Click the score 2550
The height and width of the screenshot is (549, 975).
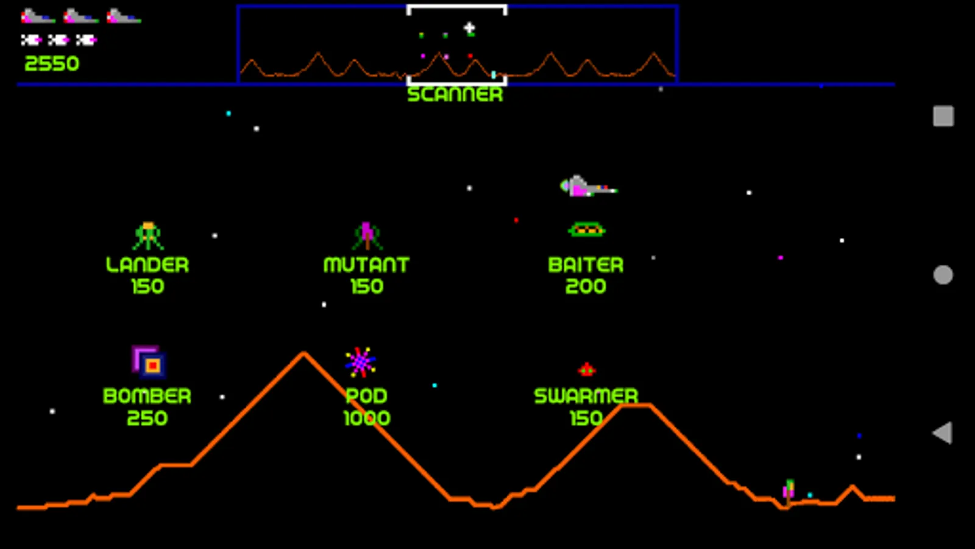(52, 63)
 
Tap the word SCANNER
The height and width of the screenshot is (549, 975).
(455, 95)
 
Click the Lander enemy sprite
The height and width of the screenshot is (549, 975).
(148, 235)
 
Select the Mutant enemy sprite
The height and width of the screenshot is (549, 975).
(367, 235)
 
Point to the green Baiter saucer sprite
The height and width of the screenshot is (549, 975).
(587, 229)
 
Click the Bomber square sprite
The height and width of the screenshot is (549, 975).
(149, 362)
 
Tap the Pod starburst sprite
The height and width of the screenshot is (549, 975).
(360, 362)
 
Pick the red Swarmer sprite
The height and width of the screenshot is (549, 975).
(587, 370)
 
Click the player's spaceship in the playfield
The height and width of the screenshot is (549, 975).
(589, 187)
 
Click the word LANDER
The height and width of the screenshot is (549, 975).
(147, 265)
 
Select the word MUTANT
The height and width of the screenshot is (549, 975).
(366, 265)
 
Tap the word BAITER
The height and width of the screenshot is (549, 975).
(586, 265)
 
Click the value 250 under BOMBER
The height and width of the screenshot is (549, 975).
(147, 418)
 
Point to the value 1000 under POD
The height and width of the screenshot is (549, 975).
(367, 418)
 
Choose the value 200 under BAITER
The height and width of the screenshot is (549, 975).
(586, 286)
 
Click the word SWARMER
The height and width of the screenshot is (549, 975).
(586, 396)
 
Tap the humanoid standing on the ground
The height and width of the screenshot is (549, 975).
(789, 493)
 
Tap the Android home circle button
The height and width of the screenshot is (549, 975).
(943, 275)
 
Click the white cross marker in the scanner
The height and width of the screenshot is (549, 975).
(469, 28)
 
